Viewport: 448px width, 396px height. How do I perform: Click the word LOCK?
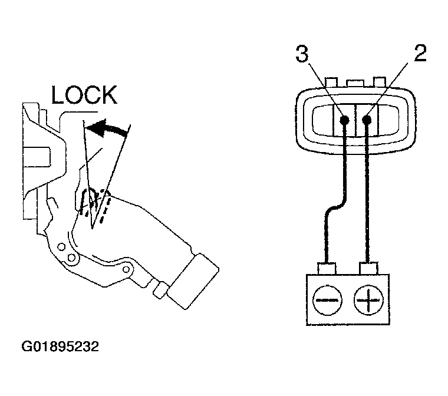click(x=84, y=95)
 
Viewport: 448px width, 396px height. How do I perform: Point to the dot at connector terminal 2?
click(x=367, y=120)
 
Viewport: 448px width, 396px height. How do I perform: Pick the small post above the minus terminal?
click(x=326, y=268)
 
